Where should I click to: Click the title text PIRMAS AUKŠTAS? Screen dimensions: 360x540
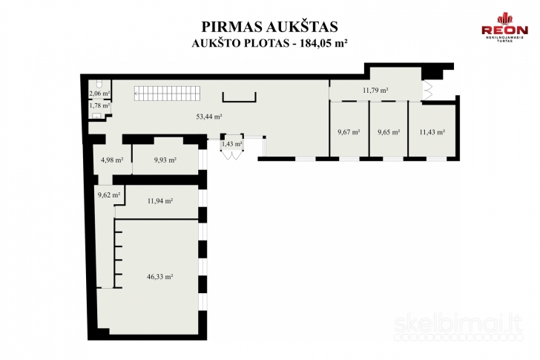point(269,27)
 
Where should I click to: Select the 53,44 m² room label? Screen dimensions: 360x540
point(210,117)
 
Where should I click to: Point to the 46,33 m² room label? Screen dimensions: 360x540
point(159,276)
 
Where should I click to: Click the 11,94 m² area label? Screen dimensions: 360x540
point(160,200)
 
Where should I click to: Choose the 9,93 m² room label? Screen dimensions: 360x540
point(165,160)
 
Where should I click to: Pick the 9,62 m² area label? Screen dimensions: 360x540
point(108,195)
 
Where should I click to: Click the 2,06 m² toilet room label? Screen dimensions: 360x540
point(99,94)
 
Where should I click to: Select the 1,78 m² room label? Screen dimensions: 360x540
point(99,106)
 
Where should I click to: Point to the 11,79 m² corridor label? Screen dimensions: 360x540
point(375,91)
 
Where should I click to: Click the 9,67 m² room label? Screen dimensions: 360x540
point(349,132)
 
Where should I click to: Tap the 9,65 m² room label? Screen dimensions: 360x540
point(389,132)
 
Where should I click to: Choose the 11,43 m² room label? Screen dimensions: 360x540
point(432,132)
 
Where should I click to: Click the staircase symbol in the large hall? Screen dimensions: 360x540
point(162,94)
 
